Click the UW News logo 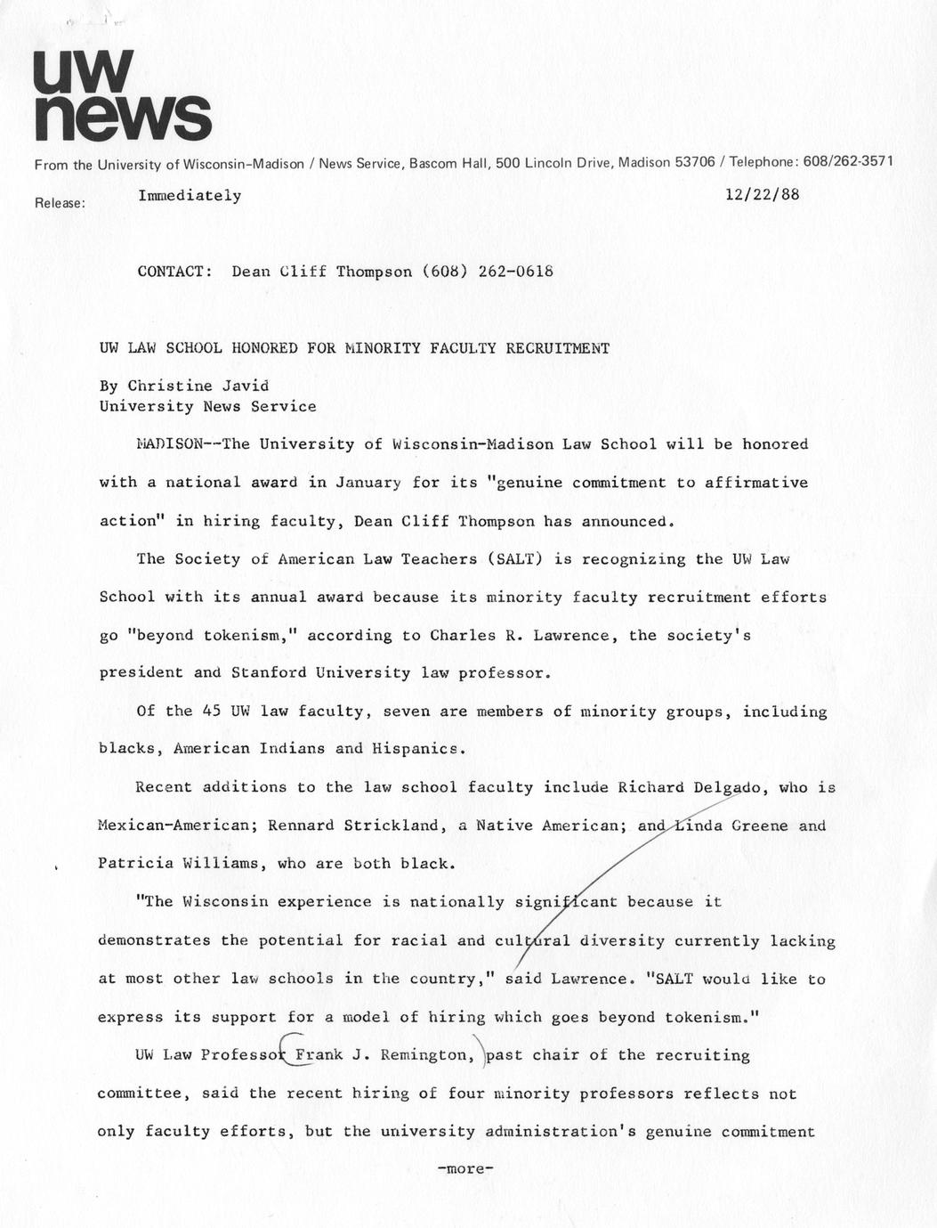coord(122,95)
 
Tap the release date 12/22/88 coord(762,194)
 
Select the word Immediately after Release coord(190,195)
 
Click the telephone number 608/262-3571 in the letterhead coord(848,162)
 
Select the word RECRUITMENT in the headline coord(557,348)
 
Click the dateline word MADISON coord(170,444)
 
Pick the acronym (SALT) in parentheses coord(513,559)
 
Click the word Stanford coord(269,673)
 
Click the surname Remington coord(424,1055)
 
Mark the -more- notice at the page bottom coord(465,1169)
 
